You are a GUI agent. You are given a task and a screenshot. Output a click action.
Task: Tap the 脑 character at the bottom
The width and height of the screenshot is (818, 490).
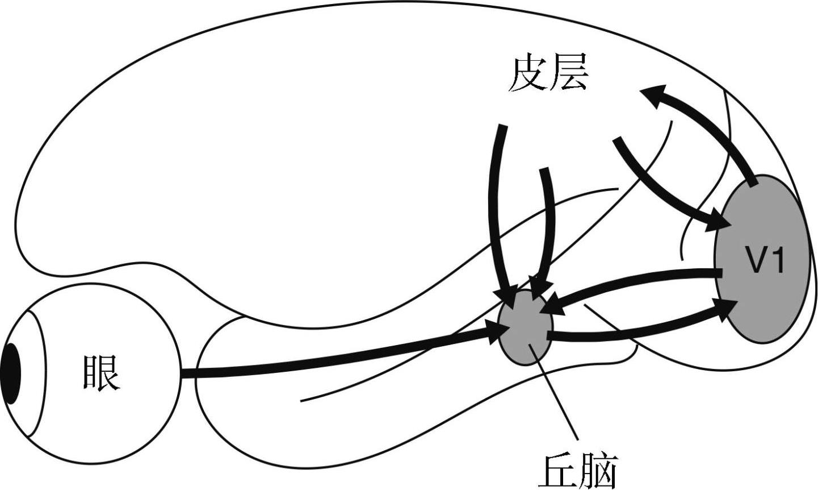point(598,472)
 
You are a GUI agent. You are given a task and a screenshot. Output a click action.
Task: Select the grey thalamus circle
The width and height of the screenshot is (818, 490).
point(526,327)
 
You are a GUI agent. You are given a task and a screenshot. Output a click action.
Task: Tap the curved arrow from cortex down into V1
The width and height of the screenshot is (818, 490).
point(657,190)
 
